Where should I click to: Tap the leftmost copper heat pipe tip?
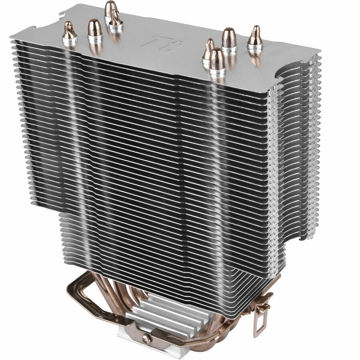(69, 32)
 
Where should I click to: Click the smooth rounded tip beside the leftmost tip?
(94, 28)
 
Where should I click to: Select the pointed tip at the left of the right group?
(208, 49)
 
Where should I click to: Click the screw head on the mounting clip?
(146, 338)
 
